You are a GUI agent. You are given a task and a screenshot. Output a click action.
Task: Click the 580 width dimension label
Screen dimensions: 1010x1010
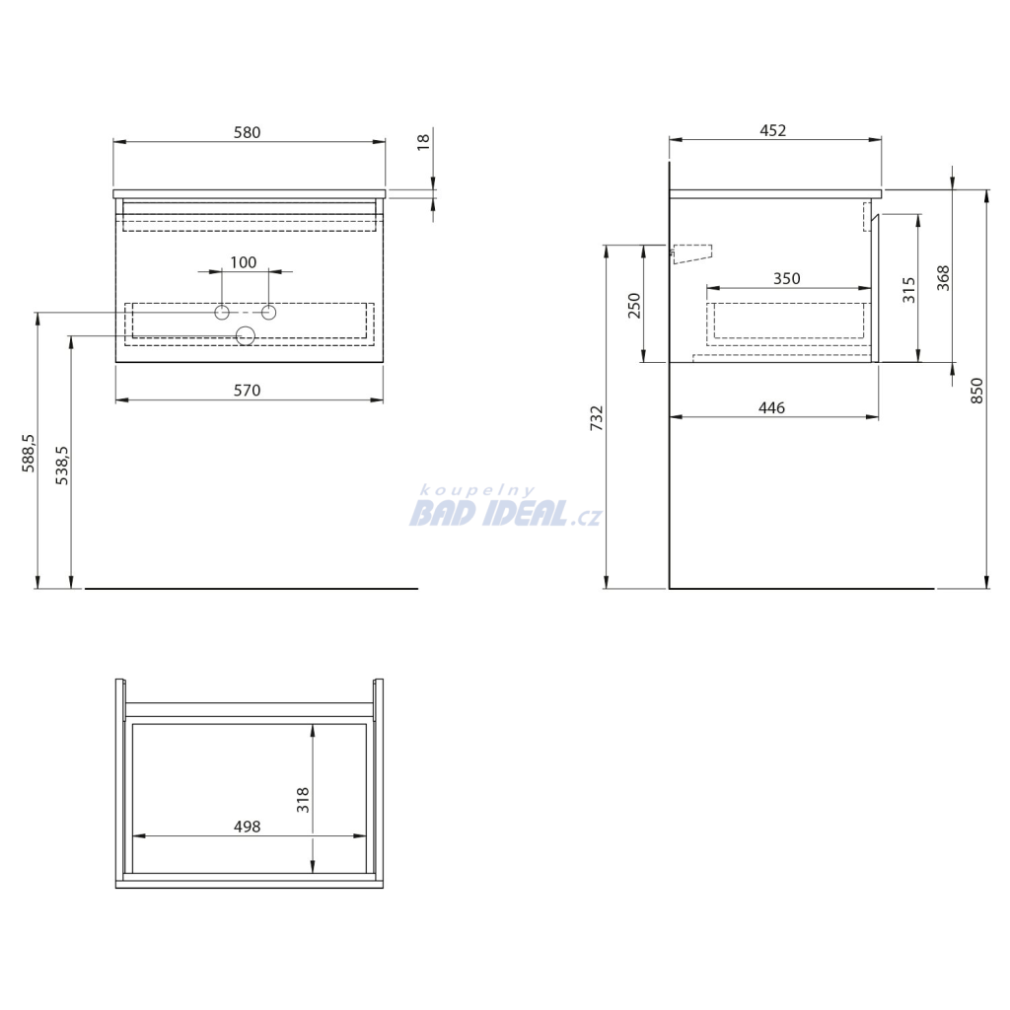click(247, 132)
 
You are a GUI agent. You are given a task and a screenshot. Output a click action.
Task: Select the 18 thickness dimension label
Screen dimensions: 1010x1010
click(423, 142)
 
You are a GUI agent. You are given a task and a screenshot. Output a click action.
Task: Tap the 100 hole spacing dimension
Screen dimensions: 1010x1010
click(244, 262)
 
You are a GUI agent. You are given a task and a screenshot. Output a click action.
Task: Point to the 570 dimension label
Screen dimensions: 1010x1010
click(247, 391)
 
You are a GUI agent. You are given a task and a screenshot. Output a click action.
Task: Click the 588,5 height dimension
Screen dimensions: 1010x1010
click(29, 453)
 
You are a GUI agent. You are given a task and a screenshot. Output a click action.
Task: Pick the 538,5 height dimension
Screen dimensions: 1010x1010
click(62, 466)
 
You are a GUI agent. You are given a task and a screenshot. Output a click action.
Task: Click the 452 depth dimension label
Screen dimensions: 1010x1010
click(773, 131)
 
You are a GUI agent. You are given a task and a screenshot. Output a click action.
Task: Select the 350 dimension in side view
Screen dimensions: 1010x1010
click(786, 278)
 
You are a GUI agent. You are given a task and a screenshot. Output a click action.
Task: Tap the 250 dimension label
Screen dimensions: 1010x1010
click(634, 306)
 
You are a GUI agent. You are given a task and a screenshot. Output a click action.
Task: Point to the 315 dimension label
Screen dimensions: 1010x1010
click(908, 291)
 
